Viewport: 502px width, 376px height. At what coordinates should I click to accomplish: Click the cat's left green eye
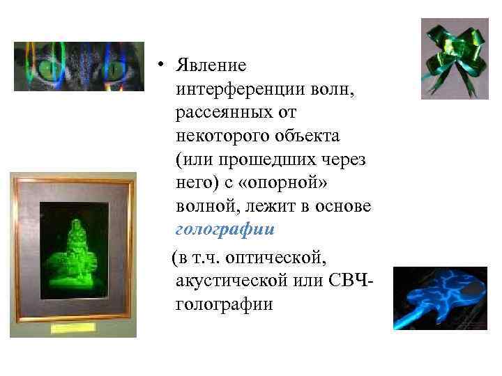pyautogui.click(x=49, y=70)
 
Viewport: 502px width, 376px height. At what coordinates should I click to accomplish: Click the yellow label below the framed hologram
pyautogui.click(x=73, y=327)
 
